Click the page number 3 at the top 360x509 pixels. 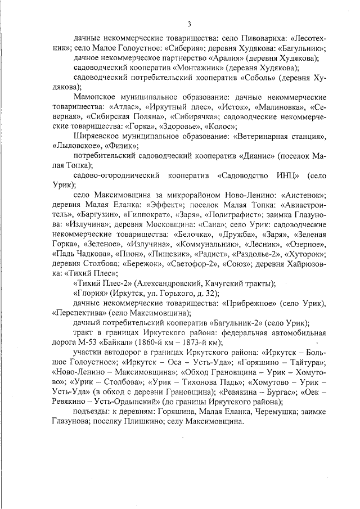coord(189,24)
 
